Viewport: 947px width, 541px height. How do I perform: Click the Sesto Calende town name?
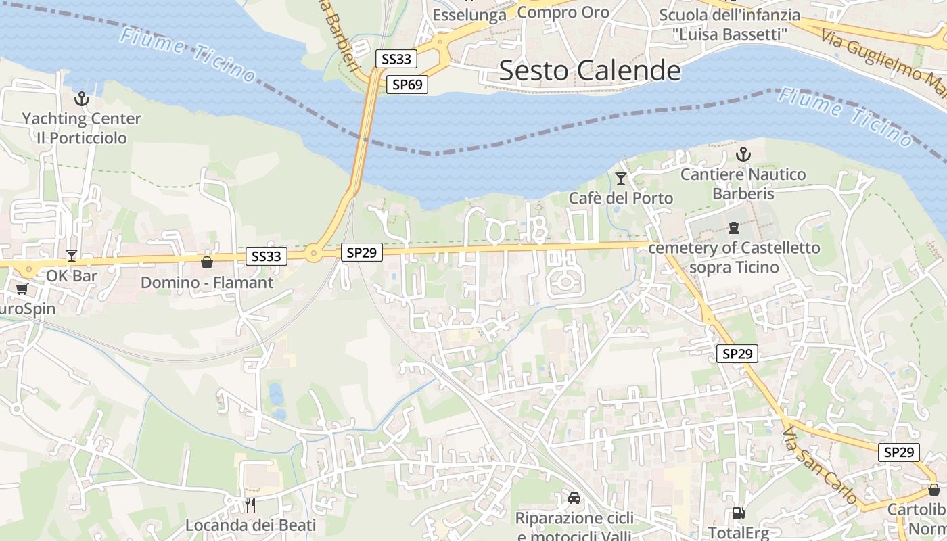(x=590, y=70)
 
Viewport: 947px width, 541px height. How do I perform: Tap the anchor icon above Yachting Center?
(x=82, y=99)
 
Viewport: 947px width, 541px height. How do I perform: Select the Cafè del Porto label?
(x=620, y=198)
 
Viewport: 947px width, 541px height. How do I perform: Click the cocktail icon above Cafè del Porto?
(x=620, y=179)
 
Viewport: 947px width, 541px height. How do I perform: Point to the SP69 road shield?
(x=407, y=85)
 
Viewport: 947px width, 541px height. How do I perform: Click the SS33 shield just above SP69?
(x=396, y=59)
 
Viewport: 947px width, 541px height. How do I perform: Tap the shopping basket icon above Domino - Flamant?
(x=207, y=262)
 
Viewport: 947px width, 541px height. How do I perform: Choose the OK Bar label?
(x=72, y=275)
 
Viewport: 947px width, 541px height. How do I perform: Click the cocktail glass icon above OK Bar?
(x=72, y=256)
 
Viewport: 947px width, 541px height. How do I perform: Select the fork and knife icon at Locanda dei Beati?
(x=250, y=504)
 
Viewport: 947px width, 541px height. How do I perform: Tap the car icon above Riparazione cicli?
(x=574, y=498)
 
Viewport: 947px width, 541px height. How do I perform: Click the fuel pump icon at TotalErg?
(x=738, y=514)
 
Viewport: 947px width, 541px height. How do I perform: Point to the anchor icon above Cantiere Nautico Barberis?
(x=743, y=155)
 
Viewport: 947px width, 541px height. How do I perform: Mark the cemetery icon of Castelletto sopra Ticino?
(x=734, y=228)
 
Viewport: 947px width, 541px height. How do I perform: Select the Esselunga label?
(x=469, y=15)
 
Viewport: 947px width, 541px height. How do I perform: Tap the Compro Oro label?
(x=563, y=11)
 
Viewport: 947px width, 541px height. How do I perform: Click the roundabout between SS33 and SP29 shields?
(x=313, y=254)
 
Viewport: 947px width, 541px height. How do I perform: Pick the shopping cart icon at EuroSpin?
(x=22, y=289)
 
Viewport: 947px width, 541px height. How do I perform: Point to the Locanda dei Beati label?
(x=250, y=525)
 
